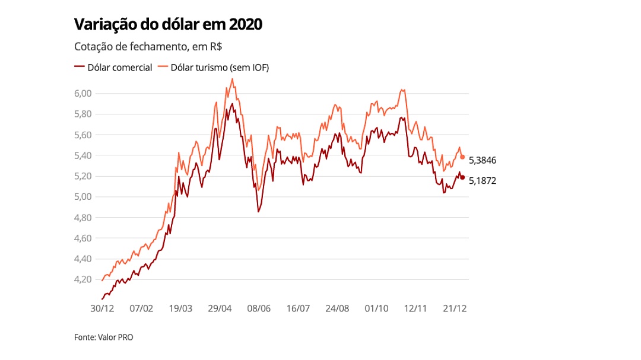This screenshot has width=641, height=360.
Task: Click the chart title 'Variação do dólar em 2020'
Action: point(168,25)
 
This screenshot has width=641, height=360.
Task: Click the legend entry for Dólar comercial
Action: point(113,67)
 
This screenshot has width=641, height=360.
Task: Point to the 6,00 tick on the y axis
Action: point(84,93)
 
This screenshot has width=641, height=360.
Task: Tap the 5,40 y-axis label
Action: point(84,155)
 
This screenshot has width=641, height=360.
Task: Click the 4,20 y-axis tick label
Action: point(84,279)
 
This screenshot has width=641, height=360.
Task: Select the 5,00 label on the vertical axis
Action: point(84,197)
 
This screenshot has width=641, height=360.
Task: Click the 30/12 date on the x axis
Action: point(101,308)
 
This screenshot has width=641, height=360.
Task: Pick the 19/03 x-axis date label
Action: point(180,308)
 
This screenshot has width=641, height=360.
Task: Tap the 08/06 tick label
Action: point(259,308)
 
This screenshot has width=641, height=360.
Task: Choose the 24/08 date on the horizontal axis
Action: point(337,308)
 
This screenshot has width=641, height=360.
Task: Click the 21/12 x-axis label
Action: point(455,308)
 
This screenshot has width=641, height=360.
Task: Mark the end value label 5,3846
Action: point(482,160)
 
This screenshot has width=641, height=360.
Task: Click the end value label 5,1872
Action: point(482,181)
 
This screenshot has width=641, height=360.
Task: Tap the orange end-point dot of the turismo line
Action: point(462,157)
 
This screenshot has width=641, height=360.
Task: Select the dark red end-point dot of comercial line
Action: point(462,177)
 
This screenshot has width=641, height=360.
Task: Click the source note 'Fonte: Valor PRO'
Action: point(103,337)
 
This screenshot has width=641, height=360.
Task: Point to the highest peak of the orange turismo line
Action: point(232,79)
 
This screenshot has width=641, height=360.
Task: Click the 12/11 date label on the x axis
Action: point(416,308)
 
